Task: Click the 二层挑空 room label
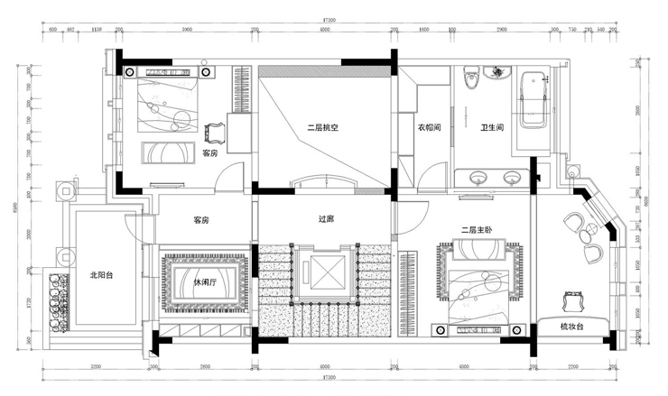pos(321,128)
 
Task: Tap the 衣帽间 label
pos(428,128)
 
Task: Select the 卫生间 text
pos(492,128)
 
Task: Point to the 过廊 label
pos(327,219)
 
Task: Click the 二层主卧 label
pos(476,229)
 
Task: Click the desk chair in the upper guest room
pos(217,134)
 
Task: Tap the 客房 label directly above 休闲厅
pos(201,220)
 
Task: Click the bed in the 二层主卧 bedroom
pos(478,281)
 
